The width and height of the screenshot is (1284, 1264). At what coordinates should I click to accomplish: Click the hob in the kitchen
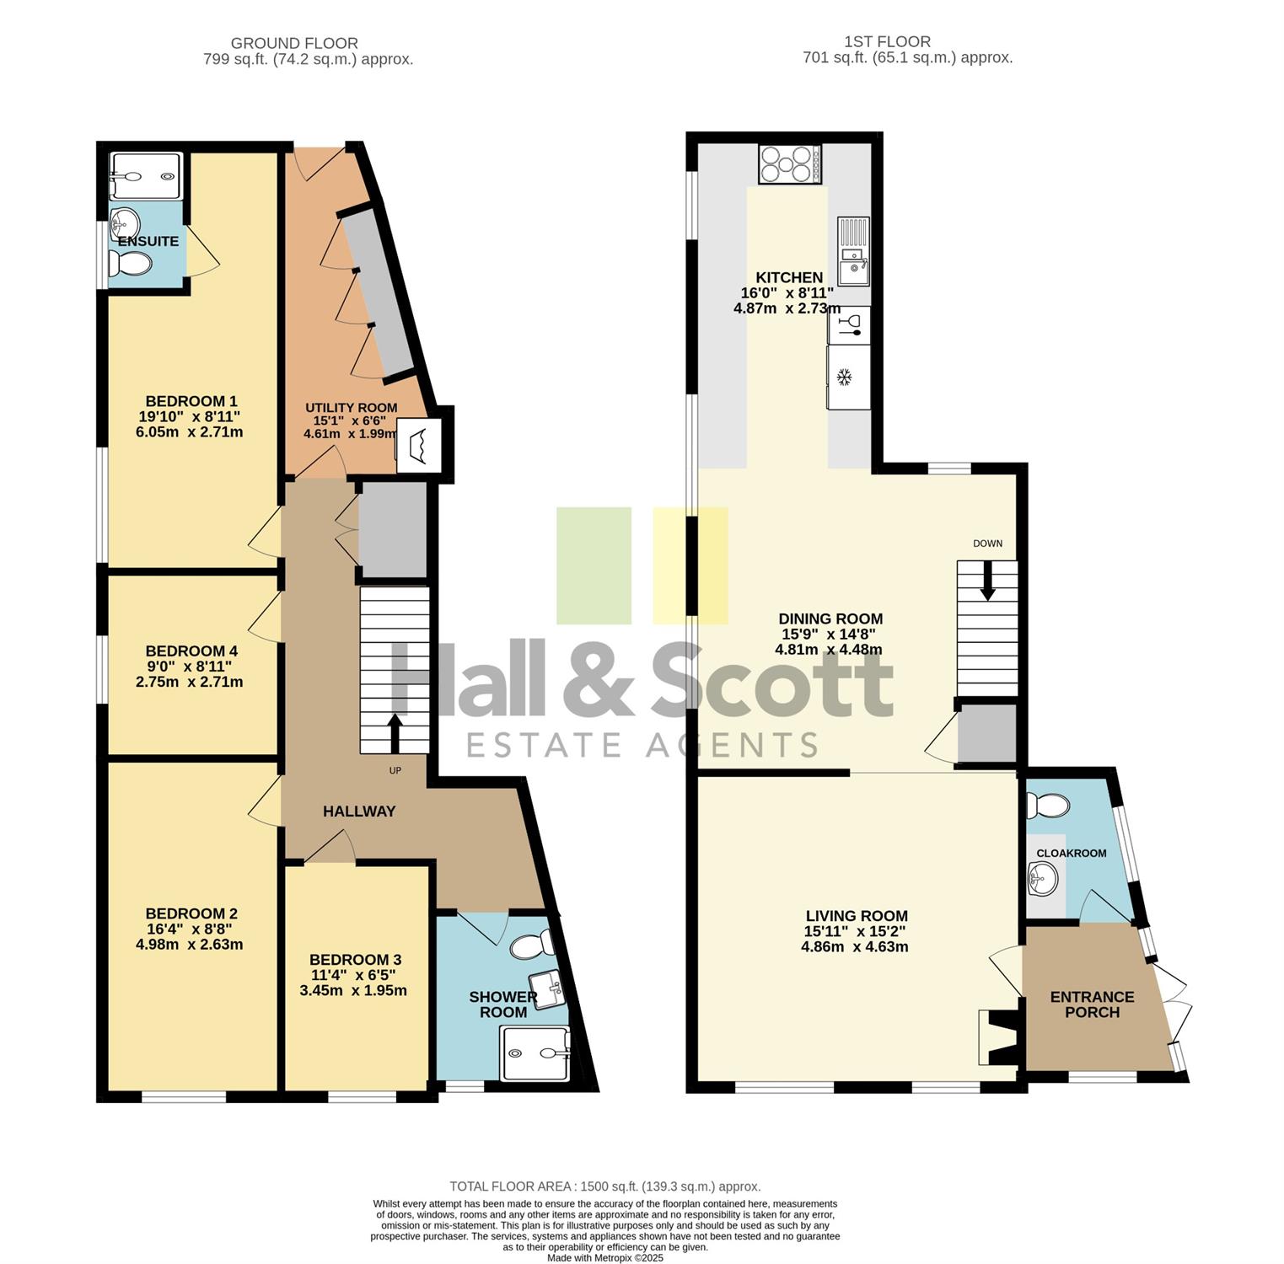(x=791, y=164)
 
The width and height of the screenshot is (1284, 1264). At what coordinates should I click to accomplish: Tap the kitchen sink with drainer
(x=852, y=251)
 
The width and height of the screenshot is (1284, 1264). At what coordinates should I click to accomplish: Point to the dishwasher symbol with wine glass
(x=849, y=325)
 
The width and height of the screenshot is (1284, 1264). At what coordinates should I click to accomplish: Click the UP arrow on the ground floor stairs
(x=394, y=732)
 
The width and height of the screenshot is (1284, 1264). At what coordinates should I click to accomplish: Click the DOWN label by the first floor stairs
(x=987, y=544)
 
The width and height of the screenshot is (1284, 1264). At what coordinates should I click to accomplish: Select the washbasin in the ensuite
(x=124, y=222)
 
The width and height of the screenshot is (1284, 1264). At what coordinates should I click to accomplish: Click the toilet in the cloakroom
(x=1046, y=805)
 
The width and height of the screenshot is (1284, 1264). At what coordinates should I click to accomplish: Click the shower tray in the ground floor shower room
(x=536, y=1052)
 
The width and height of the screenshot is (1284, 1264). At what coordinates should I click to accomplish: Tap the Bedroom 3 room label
(x=355, y=960)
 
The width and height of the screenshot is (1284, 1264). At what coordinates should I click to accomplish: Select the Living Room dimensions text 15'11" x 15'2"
(x=856, y=931)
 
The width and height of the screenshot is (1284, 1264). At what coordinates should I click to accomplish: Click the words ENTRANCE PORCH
(x=1092, y=1004)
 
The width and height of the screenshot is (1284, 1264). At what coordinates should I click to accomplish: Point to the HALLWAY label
(x=359, y=811)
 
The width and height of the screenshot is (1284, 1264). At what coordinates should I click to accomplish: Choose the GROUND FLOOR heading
(x=294, y=43)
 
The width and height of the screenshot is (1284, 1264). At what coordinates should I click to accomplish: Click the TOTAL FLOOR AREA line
(x=605, y=1186)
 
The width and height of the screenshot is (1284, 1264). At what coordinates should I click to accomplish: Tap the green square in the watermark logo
(x=594, y=565)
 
